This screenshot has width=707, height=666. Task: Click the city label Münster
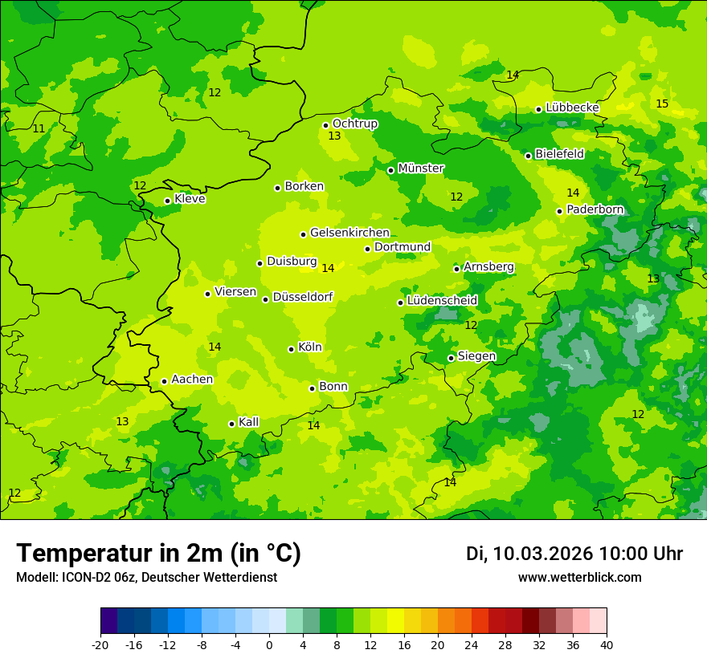pos(421,169)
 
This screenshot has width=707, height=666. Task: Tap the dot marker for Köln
pos(291,349)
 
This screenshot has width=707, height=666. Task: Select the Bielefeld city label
pos(559,154)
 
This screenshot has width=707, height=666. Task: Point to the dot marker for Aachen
pos(164,381)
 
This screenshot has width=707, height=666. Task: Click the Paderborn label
pos(595,209)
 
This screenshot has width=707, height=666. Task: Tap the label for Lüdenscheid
pos(442,301)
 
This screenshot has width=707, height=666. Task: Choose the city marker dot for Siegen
pos(451,358)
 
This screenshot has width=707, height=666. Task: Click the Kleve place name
pos(190,199)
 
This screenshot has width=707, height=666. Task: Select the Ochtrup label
pos(354,124)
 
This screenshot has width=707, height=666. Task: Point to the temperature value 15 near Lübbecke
pos(662,104)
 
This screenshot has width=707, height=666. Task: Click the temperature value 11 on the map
pos(39,128)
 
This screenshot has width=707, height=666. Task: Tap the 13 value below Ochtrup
pos(334,136)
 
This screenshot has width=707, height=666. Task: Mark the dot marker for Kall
pos(231,424)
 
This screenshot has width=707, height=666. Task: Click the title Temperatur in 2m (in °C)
pos(158,553)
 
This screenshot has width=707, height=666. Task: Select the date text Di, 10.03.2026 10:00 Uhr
pos(574,554)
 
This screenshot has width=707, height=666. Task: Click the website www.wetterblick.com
pos(579,577)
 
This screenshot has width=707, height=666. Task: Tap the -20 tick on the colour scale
pos(100,644)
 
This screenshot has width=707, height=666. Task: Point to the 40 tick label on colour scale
pos(607,644)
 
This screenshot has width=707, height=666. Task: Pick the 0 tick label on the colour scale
pos(269,644)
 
